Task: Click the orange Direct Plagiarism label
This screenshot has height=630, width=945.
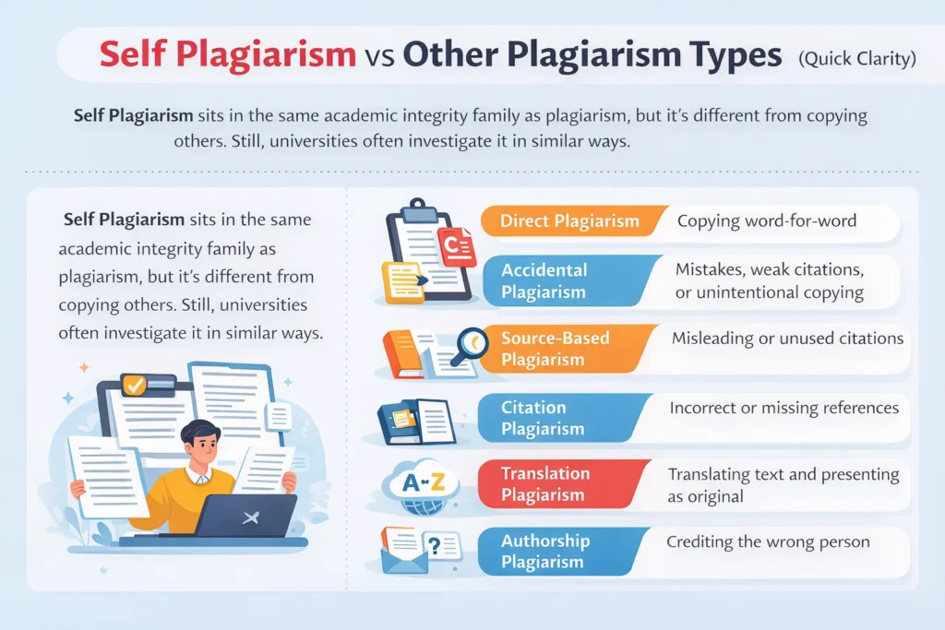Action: click(569, 221)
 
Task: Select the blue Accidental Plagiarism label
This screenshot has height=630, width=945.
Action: click(544, 281)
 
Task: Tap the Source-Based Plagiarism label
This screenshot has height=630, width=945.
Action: click(556, 349)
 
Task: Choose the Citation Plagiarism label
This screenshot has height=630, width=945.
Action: click(543, 418)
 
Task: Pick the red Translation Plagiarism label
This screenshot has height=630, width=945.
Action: click(545, 484)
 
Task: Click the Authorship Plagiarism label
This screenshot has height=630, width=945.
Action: click(544, 552)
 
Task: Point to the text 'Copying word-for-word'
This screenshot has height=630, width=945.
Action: click(767, 221)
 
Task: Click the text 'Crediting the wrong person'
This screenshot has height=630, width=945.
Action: click(768, 541)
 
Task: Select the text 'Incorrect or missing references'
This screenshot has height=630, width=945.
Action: click(784, 407)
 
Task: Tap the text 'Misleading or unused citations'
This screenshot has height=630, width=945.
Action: click(787, 339)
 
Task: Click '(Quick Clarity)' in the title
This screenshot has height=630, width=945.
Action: click(856, 59)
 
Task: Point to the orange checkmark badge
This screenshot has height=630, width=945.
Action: click(135, 385)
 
